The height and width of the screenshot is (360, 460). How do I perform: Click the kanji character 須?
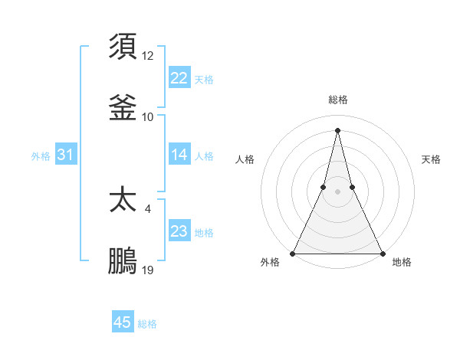[123, 46]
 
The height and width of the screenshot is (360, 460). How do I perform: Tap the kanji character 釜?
[123, 108]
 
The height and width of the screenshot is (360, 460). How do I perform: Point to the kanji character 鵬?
[123, 261]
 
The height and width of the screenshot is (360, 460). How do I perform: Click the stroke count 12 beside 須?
[148, 56]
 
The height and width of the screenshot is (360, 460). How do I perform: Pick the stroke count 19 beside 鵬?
[148, 270]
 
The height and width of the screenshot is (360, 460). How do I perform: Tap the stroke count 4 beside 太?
[148, 209]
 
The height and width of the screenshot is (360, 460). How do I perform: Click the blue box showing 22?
[179, 78]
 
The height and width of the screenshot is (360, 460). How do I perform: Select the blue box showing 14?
[179, 155]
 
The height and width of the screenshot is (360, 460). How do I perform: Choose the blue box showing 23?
[179, 231]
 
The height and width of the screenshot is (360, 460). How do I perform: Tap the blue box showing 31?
[66, 155]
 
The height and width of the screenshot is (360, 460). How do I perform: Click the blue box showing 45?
[123, 322]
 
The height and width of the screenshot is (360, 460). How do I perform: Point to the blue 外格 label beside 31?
[41, 155]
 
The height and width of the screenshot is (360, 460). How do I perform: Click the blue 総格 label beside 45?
[147, 324]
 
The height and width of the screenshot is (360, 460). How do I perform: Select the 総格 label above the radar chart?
[338, 100]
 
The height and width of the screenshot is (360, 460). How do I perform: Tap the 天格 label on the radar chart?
[432, 159]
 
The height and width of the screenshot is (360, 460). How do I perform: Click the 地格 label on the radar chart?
[402, 263]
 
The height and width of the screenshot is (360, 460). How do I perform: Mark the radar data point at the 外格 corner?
[293, 253]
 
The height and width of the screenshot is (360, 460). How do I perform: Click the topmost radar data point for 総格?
[337, 129]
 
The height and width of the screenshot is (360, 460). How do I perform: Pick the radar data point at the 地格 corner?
[382, 253]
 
